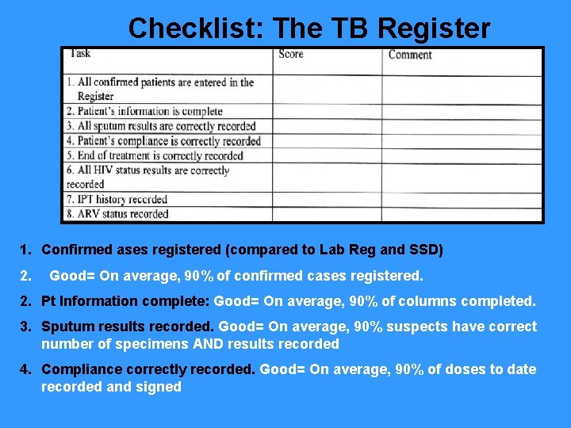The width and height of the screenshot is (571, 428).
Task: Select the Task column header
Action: pyautogui.click(x=80, y=54)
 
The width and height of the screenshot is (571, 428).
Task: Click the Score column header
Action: pyautogui.click(x=291, y=55)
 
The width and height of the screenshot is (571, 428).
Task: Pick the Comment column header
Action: pyautogui.click(x=410, y=55)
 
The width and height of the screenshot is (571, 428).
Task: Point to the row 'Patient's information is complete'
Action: pyautogui.click(x=144, y=112)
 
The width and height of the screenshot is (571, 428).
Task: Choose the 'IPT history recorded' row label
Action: pyautogui.click(x=117, y=199)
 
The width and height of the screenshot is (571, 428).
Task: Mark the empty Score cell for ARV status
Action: pyautogui.click(x=327, y=214)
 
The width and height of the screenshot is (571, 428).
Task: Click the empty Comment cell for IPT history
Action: pyautogui.click(x=462, y=199)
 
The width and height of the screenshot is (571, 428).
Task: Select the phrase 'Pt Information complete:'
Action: pyautogui.click(x=125, y=301)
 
